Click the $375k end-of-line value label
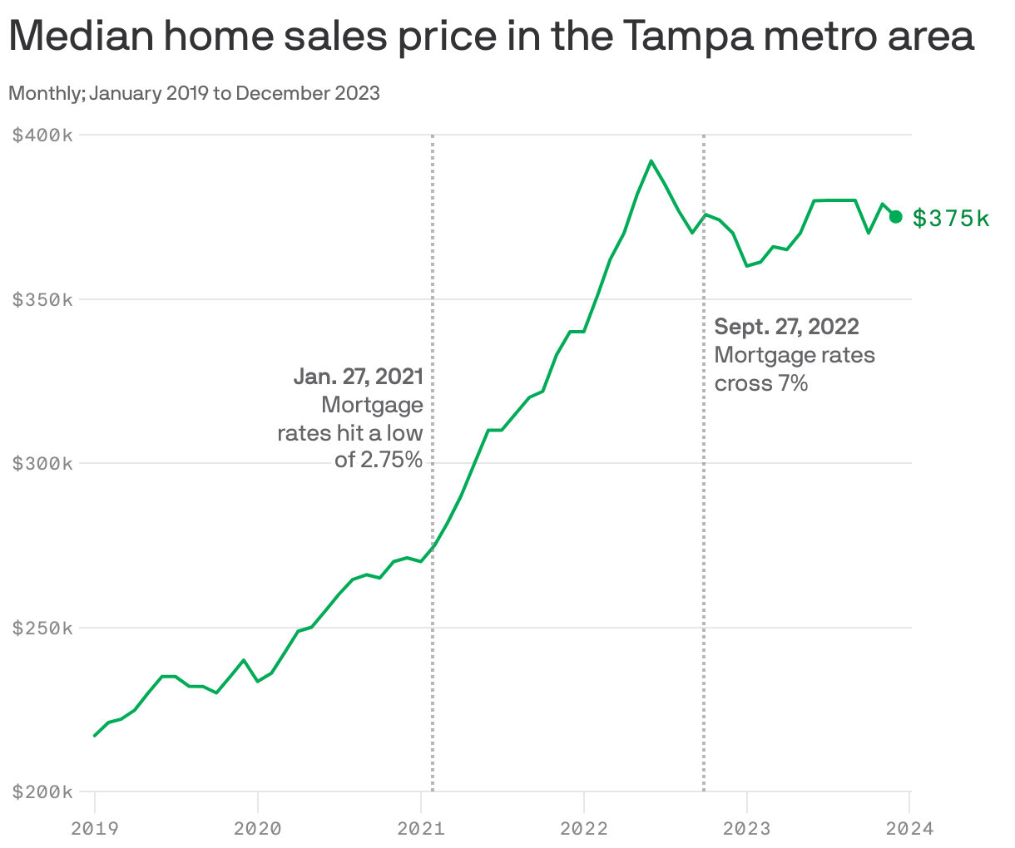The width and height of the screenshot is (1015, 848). (951, 219)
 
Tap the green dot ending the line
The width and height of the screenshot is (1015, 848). (896, 217)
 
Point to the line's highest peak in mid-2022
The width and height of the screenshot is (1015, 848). (651, 161)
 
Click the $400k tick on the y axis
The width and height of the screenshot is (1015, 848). (42, 135)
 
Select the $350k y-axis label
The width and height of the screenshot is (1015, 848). (42, 299)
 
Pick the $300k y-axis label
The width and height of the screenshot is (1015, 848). (42, 463)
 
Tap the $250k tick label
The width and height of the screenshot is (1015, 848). (42, 628)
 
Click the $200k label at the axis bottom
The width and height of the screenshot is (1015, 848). (42, 791)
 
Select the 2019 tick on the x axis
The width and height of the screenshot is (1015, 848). (95, 828)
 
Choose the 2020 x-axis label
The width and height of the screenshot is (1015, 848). (258, 828)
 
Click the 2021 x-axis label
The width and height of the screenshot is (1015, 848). (421, 828)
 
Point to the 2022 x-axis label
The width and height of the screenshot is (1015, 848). (584, 828)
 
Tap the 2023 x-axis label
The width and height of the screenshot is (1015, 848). (747, 828)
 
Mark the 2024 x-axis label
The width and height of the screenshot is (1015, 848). (910, 828)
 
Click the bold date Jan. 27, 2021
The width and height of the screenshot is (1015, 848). (358, 377)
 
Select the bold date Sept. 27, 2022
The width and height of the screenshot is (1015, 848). (786, 327)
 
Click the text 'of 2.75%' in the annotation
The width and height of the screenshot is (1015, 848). (379, 459)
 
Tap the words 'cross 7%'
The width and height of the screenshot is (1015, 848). (761, 383)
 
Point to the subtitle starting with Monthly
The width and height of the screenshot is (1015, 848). (194, 93)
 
